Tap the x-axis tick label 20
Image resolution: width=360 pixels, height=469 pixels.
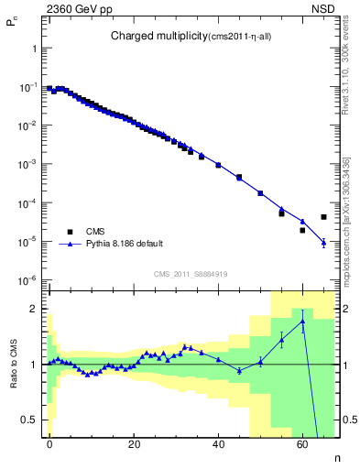pyautogui.click(x=134, y=443)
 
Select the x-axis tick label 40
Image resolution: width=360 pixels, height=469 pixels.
pyautogui.click(x=218, y=443)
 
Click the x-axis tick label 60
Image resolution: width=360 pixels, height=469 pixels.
pyautogui.click(x=302, y=443)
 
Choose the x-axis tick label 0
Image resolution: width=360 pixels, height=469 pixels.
pyautogui.click(x=49, y=443)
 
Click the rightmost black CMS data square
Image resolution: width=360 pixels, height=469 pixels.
pyautogui.click(x=323, y=217)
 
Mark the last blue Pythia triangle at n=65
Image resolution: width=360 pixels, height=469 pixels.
pyautogui.click(x=323, y=243)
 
